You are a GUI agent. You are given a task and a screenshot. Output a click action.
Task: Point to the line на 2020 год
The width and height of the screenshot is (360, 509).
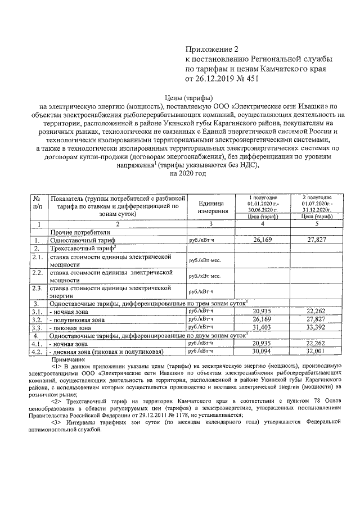coord(187,173)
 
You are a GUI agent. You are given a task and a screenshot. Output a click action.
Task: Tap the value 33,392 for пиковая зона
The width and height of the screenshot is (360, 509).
coord(316,327)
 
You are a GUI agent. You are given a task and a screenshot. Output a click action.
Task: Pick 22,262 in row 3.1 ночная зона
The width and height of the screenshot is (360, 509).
coord(316,311)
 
